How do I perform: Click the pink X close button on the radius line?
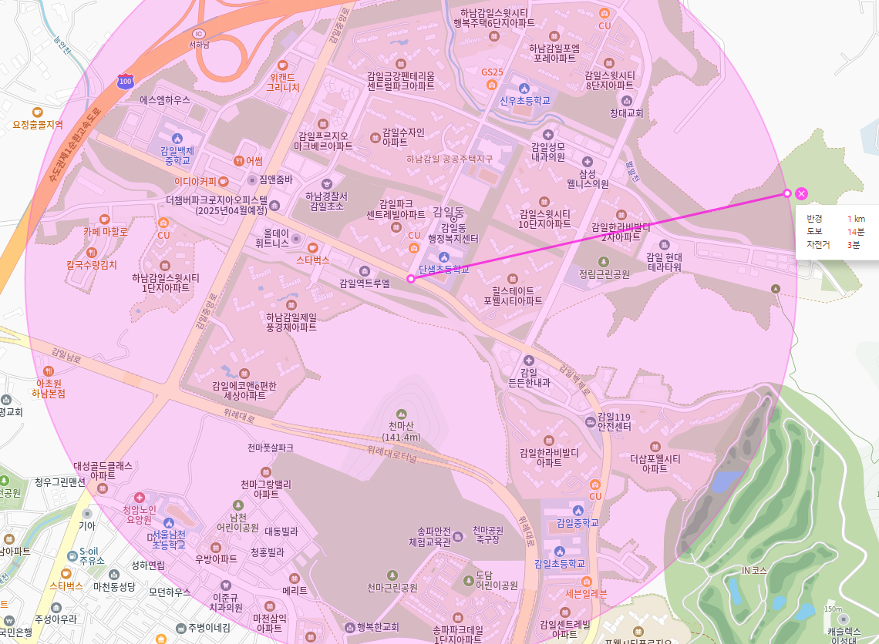coord(801,193)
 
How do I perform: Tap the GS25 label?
coord(492,72)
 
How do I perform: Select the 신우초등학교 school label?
coord(524,100)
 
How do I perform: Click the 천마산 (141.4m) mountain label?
coord(401,431)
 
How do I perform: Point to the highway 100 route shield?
coord(126,81)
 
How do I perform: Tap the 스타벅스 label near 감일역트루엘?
coord(313,260)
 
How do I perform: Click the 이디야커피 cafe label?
coord(196,181)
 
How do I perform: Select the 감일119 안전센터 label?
coord(614,421)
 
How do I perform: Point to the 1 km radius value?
coord(856,219)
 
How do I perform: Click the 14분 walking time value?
coord(856,232)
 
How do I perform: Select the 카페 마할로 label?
coord(105,230)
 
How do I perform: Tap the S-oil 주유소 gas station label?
coord(92,556)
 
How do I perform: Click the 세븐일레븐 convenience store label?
coord(586,593)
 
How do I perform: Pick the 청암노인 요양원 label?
coord(139,514)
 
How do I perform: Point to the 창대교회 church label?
coord(626,112)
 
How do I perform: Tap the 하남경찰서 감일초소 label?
coord(326,201)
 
